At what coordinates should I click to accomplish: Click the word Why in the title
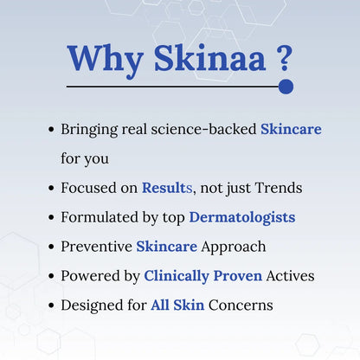[x=101, y=58]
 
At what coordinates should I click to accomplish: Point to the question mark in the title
[x=284, y=58]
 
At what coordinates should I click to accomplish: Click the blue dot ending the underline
[x=286, y=87]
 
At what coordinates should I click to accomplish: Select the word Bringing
[x=91, y=129]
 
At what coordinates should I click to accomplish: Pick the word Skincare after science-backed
[x=291, y=129]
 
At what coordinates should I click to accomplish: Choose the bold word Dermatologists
[x=242, y=217]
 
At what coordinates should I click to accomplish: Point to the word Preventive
[x=95, y=247]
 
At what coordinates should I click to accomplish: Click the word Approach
[x=233, y=247]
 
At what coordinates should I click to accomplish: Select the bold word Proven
[x=245, y=276]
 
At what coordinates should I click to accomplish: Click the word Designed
[x=93, y=305]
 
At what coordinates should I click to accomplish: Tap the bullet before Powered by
[x=52, y=277]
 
